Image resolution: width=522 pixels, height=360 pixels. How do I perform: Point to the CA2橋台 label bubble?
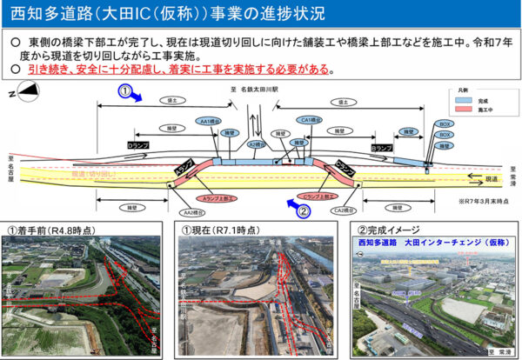tap(343, 210)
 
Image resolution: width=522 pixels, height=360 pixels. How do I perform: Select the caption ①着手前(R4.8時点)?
tap(52, 229)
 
